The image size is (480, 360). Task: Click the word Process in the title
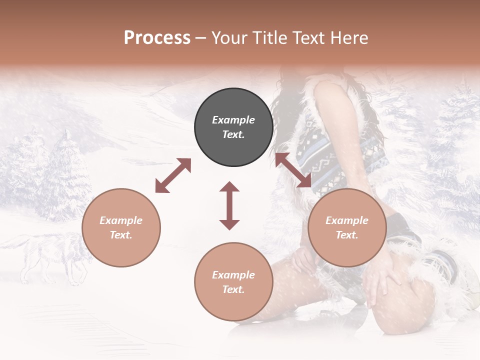coord(157,38)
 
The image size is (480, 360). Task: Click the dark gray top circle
coord(233,127)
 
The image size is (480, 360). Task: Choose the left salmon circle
coord(121,227)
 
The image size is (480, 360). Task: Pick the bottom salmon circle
coord(233,282)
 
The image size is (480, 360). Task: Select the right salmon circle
coord(347,227)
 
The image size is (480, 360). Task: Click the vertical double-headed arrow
coord(229,205)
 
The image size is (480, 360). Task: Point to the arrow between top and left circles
coord(173,175)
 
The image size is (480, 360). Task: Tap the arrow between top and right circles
coord(293,170)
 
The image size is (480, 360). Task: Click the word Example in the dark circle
coord(233,120)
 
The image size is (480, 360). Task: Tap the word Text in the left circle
coord(121,235)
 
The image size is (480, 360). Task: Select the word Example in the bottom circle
coord(233,275)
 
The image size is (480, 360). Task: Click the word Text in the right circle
coord(347,235)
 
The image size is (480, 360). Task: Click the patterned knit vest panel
coord(345,150)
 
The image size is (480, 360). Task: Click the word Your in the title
coord(229,38)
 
